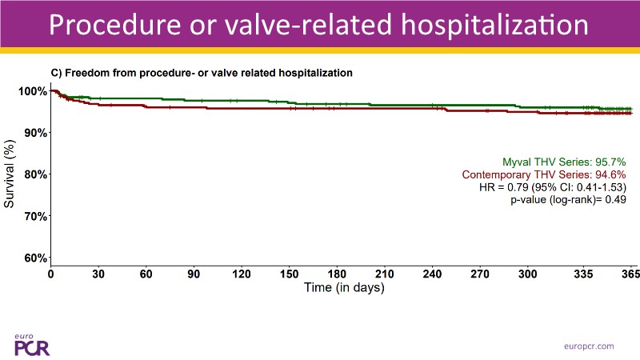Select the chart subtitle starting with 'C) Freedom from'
tap(202, 73)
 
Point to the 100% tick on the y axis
tap(32, 91)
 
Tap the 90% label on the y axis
tap(34, 133)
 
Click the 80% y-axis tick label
tap(34, 174)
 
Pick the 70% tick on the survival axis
tap(34, 216)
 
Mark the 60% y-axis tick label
tap(34, 258)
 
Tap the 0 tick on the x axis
tap(51, 274)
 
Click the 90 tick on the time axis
tap(194, 274)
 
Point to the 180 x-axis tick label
tap(337, 274)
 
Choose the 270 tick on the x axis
tap(480, 274)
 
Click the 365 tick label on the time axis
tap(630, 274)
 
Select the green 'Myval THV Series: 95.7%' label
tap(563, 161)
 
